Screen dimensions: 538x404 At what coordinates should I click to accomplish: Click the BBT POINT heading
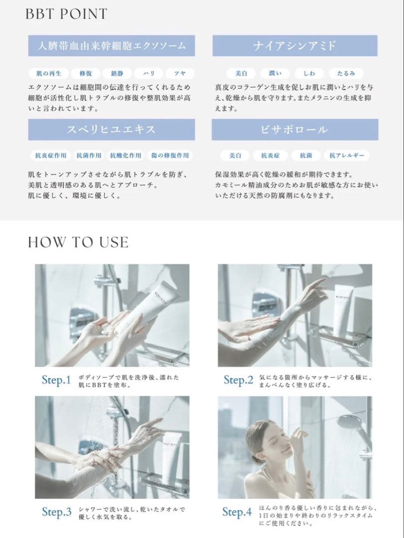[66, 14]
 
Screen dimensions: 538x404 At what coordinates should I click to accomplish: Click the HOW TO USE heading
[78, 242]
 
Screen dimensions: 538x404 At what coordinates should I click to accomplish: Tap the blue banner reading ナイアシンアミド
[295, 46]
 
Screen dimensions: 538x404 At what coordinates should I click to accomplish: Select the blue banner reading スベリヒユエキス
[112, 130]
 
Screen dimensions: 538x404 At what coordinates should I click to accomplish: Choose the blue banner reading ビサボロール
[295, 130]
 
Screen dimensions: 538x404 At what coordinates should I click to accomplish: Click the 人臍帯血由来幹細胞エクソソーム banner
[112, 46]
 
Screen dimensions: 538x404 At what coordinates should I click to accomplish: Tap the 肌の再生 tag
[48, 73]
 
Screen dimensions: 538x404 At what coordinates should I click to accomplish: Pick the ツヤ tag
[180, 73]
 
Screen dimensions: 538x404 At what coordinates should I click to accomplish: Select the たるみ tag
[346, 73]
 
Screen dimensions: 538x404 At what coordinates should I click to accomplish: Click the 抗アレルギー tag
[347, 156]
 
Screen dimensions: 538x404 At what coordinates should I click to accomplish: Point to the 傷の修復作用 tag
[170, 156]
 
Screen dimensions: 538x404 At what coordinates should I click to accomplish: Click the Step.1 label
[56, 381]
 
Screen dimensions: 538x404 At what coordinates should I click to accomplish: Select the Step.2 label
[238, 381]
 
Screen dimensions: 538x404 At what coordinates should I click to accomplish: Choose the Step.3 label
[56, 512]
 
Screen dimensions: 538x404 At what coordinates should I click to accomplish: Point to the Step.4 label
[237, 512]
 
